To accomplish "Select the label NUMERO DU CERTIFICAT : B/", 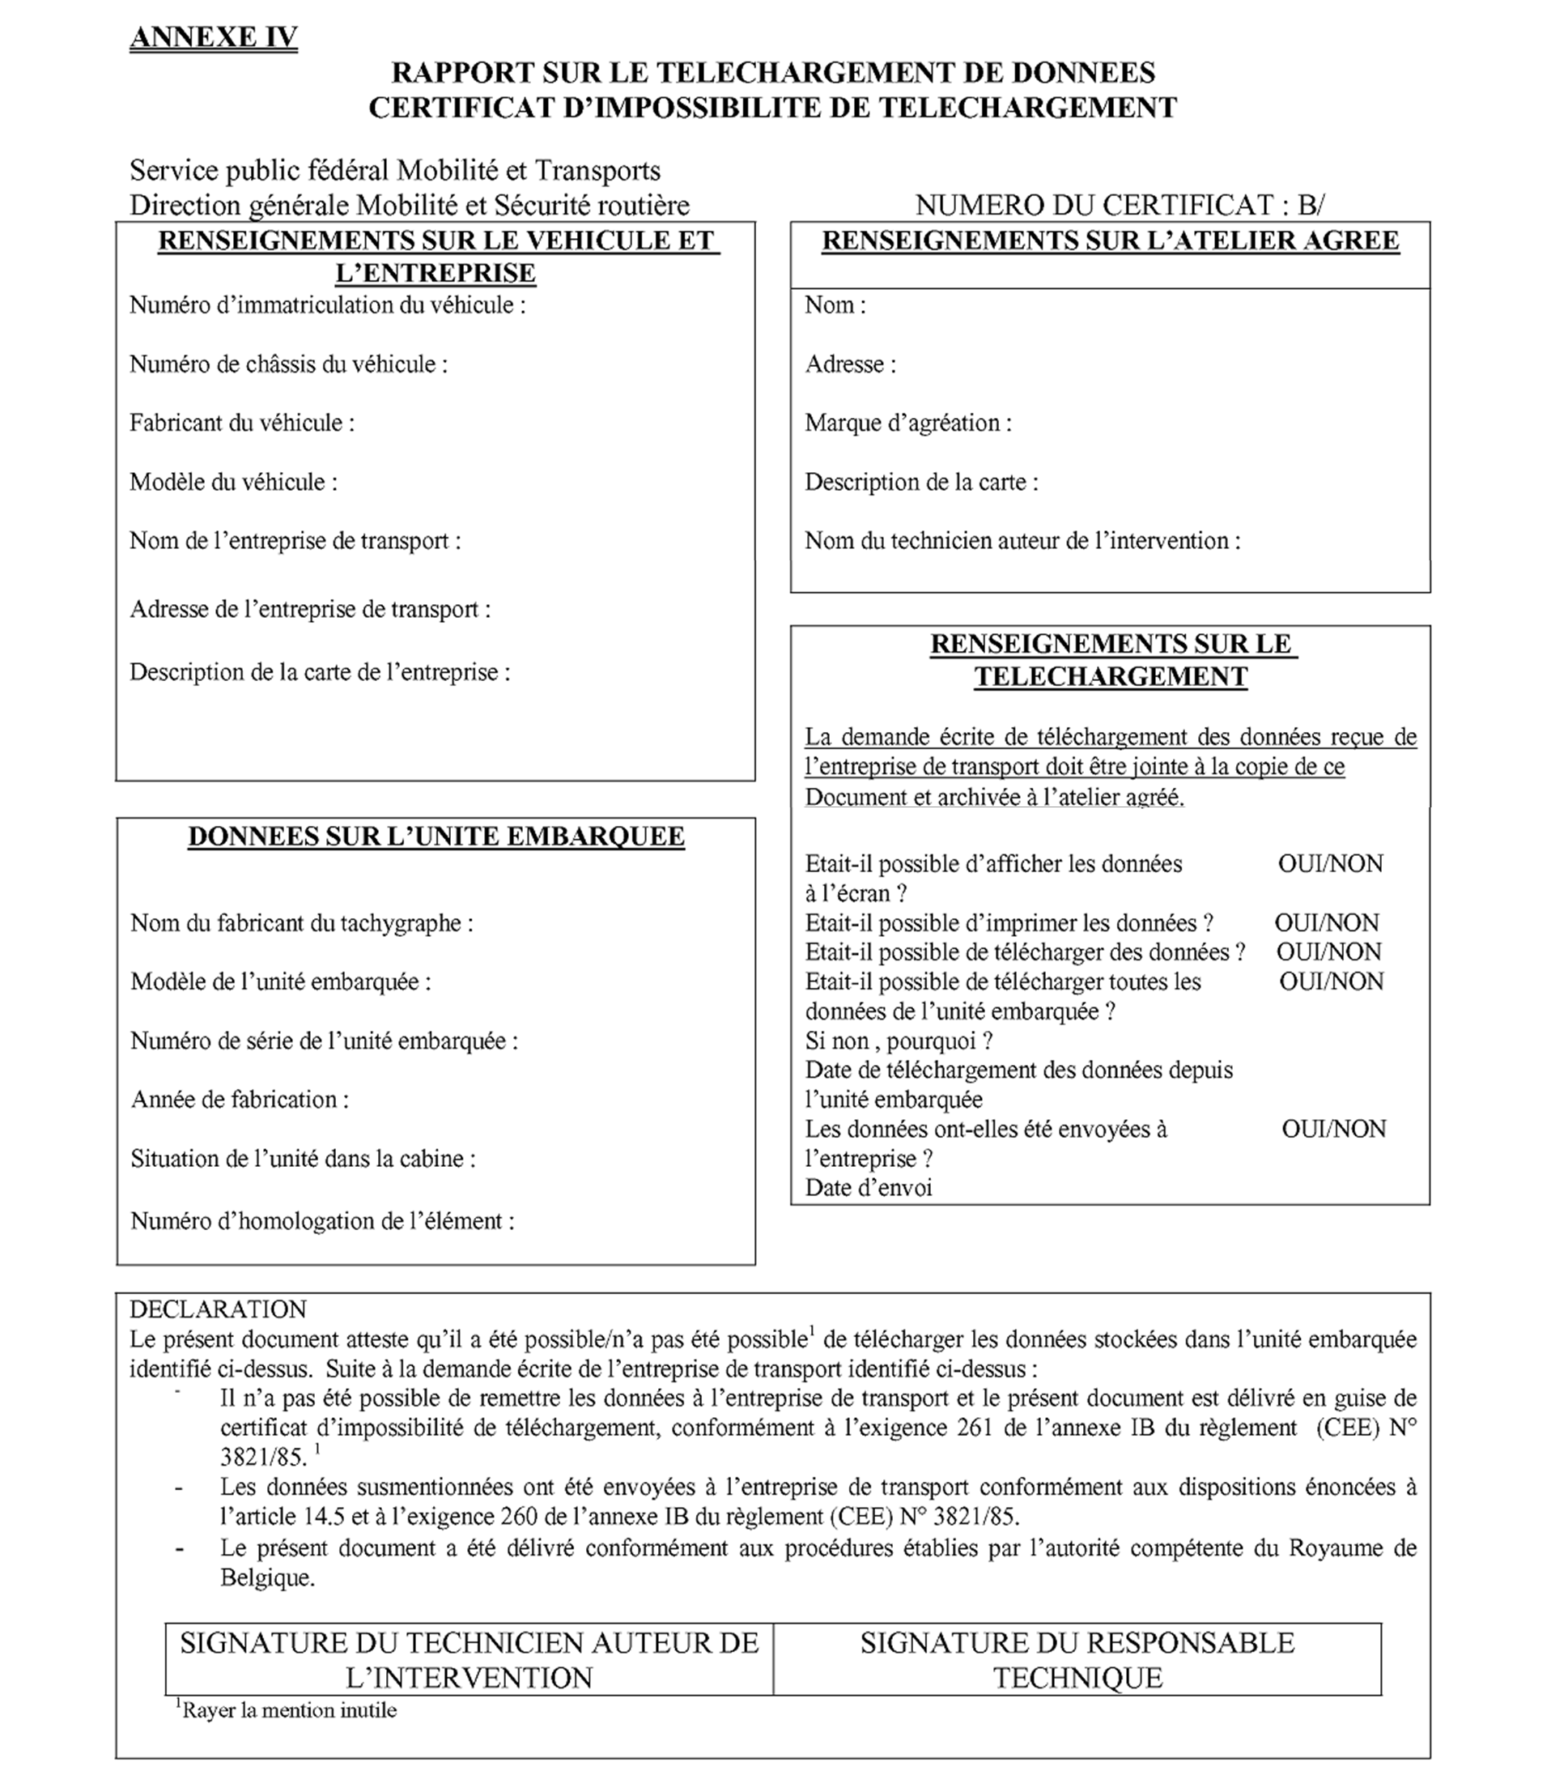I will click(1120, 205).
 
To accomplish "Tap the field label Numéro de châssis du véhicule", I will click(288, 364).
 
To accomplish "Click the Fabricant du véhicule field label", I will click(241, 424).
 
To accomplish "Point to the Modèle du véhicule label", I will click(233, 483).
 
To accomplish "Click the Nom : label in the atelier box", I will click(835, 305).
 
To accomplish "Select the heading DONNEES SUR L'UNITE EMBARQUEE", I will click(436, 837).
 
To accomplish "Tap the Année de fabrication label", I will click(240, 1100).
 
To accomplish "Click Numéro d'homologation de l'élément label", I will click(322, 1222).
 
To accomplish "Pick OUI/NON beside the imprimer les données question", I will click(1327, 923).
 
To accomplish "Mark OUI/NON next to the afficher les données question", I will click(1330, 864).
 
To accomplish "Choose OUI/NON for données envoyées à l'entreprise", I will click(1334, 1129).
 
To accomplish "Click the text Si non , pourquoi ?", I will click(899, 1041).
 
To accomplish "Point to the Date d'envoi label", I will click(868, 1188).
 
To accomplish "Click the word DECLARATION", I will click(218, 1309).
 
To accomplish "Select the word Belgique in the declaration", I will click(266, 1577).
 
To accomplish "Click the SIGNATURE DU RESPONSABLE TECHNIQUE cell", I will click(1077, 1659).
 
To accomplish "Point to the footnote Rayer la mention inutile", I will click(287, 1710).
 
